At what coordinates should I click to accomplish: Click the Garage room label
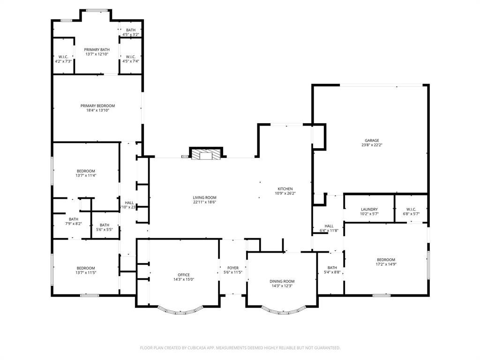(x=372, y=140)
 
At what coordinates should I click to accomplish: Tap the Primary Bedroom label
(x=97, y=106)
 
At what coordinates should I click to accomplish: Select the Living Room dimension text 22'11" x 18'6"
(x=204, y=203)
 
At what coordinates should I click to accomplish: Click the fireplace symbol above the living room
(x=205, y=154)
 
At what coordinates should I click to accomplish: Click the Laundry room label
(x=369, y=210)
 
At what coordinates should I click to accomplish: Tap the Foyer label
(x=232, y=268)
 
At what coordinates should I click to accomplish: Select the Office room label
(x=184, y=275)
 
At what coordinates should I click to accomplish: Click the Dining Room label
(x=282, y=281)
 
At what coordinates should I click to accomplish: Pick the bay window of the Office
(x=180, y=310)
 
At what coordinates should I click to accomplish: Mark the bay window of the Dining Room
(x=282, y=310)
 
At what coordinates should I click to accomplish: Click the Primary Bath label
(x=97, y=49)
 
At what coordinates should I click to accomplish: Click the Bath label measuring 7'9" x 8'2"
(x=74, y=219)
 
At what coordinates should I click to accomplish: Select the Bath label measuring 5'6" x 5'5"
(x=104, y=225)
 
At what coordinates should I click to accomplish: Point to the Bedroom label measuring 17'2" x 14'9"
(x=386, y=260)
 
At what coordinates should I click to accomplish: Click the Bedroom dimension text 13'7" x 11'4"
(x=86, y=175)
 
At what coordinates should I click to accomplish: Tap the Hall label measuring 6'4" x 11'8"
(x=329, y=226)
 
